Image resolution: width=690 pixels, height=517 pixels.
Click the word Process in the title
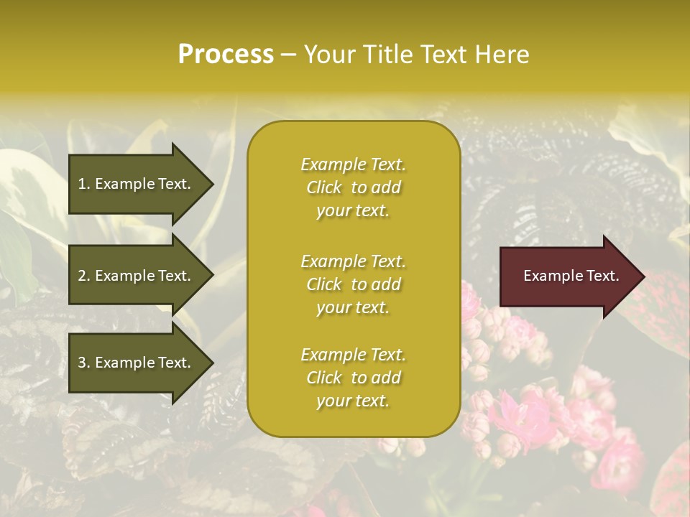point(226,55)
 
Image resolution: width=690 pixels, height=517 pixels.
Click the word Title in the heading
point(385,55)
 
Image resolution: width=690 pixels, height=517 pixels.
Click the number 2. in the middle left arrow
point(84,276)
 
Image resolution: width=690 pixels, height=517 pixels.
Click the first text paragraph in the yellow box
point(353,187)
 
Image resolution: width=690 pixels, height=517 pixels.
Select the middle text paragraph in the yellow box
point(353,284)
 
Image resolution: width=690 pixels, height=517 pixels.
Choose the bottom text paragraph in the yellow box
point(353,378)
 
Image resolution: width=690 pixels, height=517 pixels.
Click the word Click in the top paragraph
point(324,187)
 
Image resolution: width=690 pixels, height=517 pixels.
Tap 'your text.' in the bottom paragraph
point(353,401)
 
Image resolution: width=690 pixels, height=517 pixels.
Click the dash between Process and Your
point(289,55)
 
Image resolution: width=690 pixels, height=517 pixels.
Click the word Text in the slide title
point(443,55)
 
